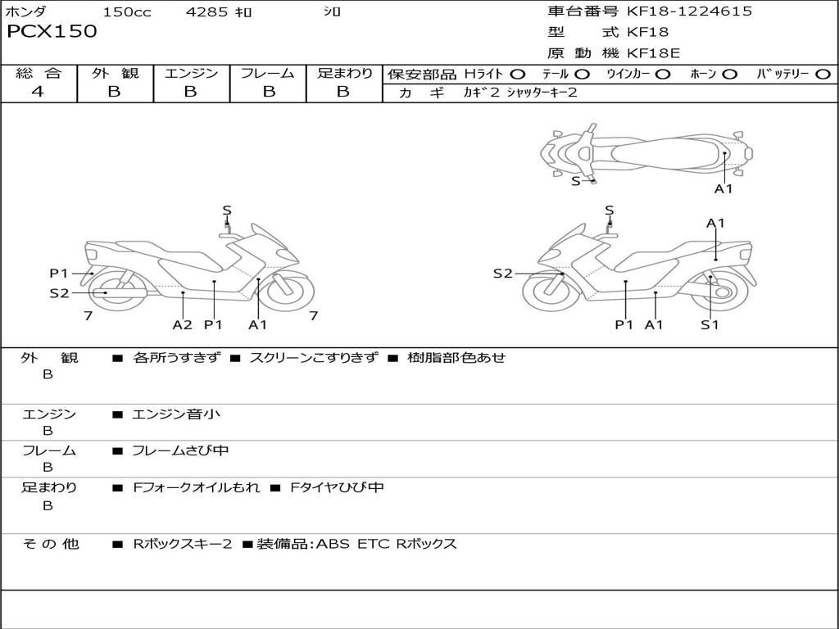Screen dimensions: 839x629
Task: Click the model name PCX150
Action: click(52, 32)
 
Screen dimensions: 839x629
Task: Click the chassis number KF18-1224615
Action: click(689, 11)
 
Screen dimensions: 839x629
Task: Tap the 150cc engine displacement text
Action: click(127, 12)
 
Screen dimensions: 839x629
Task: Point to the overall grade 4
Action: click(38, 92)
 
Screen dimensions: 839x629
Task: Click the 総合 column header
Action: click(38, 74)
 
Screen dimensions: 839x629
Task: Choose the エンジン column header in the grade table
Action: click(192, 74)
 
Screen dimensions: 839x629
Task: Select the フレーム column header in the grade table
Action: click(268, 74)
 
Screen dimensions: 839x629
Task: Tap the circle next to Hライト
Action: click(518, 75)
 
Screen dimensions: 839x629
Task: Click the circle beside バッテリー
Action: click(823, 75)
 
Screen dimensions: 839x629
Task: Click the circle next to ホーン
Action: click(729, 75)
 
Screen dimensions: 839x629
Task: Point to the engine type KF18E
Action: click(653, 54)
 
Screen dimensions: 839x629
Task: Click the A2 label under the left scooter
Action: click(182, 325)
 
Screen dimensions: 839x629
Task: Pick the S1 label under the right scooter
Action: click(710, 325)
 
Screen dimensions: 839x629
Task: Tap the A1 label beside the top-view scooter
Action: click(723, 189)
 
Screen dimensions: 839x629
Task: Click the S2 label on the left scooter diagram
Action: click(59, 292)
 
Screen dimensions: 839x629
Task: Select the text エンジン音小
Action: click(176, 414)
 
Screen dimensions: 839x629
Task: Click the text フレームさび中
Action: click(180, 451)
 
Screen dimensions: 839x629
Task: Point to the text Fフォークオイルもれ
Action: click(197, 488)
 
